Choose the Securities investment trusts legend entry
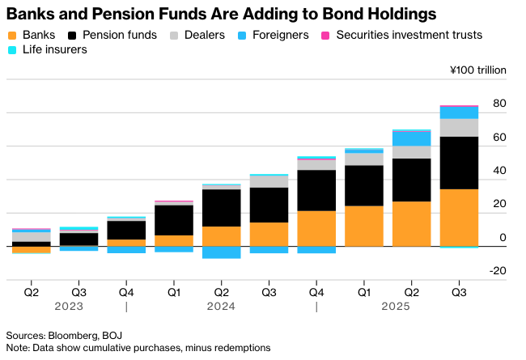coord(401,35)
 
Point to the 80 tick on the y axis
coord(499,104)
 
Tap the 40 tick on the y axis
coord(499,171)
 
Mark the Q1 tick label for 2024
coord(174,292)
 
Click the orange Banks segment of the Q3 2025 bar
coord(459,217)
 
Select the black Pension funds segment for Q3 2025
coord(459,162)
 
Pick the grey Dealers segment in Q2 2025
coord(411,152)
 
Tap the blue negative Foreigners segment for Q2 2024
coord(221,252)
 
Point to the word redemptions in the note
coord(242,347)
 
